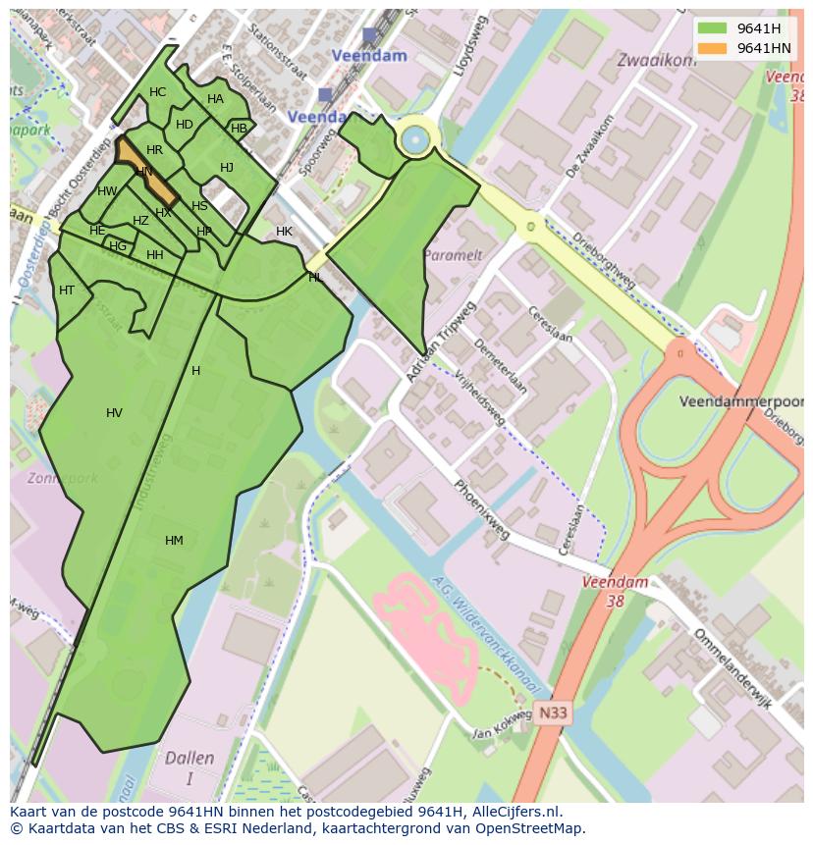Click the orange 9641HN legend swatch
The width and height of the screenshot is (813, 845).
(x=713, y=48)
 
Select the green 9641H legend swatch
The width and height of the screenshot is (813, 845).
(x=713, y=28)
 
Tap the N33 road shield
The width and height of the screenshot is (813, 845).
(x=553, y=714)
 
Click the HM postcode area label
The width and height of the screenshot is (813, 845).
(x=174, y=541)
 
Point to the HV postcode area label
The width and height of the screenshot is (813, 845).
(x=114, y=413)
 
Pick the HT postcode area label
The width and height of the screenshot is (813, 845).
(x=67, y=290)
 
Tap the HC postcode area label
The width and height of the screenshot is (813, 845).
(x=157, y=92)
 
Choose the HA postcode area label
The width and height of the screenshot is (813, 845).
(x=215, y=99)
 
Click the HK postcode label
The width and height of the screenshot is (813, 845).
(x=284, y=232)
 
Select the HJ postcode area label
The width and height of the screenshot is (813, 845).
(x=227, y=168)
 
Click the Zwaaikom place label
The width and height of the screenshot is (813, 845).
(x=656, y=60)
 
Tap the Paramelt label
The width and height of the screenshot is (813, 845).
(x=452, y=255)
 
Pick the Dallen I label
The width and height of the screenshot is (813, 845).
(x=190, y=767)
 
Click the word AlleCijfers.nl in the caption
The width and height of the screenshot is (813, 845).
(x=515, y=812)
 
